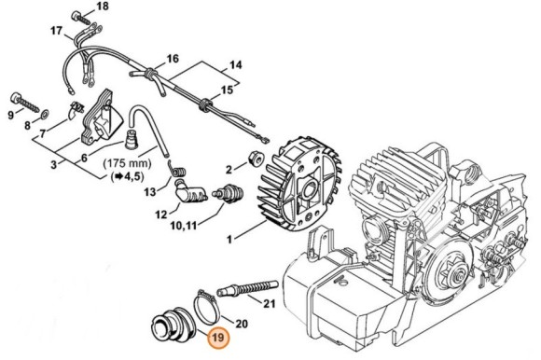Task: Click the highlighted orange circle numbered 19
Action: tap(218, 337)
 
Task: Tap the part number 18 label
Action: tap(102, 6)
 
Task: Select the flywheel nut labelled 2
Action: tap(256, 159)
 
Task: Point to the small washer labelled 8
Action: tap(45, 113)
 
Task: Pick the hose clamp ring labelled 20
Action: tap(206, 308)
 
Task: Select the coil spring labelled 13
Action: tap(177, 170)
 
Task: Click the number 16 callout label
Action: tap(173, 59)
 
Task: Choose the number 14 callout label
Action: tap(236, 64)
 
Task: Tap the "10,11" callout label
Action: tap(184, 226)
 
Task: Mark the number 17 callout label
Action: tap(56, 31)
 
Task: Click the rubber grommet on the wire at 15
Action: tap(204, 104)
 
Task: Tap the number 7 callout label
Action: tap(42, 133)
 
